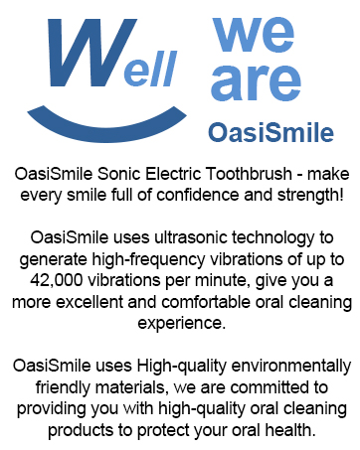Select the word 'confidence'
216,192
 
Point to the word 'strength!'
309,192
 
